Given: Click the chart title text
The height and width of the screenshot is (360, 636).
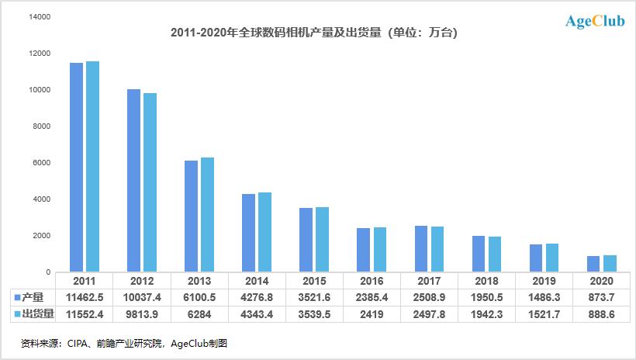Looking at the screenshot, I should point(318,33).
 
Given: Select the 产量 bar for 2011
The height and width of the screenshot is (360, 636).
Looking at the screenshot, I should point(76,167).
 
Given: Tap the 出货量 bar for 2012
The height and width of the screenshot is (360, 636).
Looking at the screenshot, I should point(150,182).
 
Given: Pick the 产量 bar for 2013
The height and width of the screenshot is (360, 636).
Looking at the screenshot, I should point(191,216).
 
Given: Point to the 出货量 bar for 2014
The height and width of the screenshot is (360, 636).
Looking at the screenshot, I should point(265,232).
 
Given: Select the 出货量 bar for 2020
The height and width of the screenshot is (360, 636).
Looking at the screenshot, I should point(610,264).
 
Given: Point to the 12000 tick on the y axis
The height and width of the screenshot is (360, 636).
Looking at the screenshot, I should point(40,54).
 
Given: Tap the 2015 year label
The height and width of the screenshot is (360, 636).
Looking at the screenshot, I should point(314,280).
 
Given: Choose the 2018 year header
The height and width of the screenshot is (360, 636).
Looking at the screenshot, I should point(486,280).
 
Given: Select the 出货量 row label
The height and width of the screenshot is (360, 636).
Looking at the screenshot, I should point(36,313).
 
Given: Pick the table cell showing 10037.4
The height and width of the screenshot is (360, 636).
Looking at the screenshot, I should point(141,297).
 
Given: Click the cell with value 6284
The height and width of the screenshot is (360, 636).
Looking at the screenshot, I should point(199,313).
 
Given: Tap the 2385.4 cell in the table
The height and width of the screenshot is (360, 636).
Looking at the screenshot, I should point(372,297).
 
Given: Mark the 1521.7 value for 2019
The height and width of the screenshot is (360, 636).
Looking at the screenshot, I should point(544,313).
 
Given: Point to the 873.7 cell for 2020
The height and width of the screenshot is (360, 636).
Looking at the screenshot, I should point(601,297).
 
